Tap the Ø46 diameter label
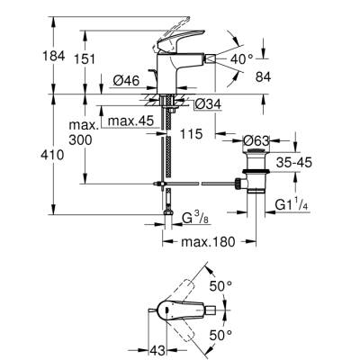pos(125,82)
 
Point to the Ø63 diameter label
pos(256,140)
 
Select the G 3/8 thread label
pos(195,220)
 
